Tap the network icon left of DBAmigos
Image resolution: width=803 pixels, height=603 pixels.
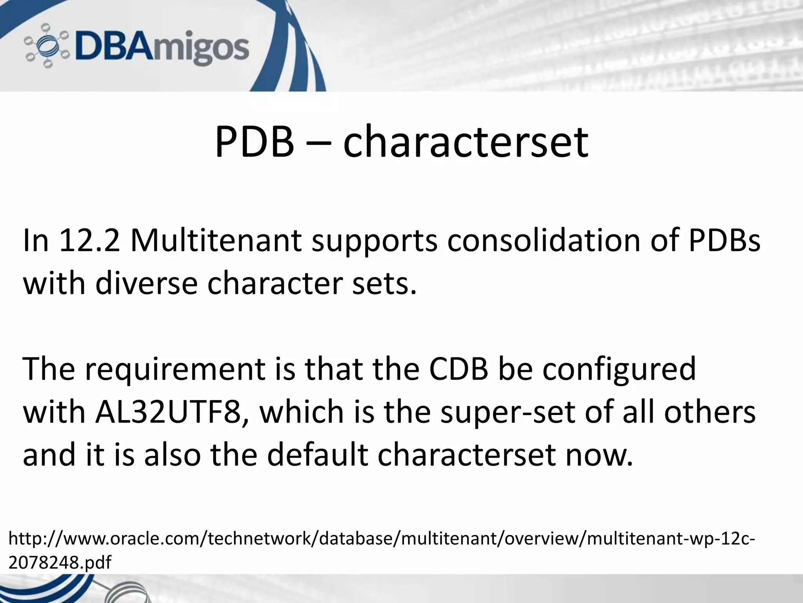click(x=46, y=46)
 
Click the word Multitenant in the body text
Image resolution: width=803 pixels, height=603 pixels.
click(x=216, y=240)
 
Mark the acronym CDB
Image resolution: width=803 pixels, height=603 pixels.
click(x=458, y=369)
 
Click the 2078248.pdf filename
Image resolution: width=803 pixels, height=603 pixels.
click(x=60, y=563)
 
